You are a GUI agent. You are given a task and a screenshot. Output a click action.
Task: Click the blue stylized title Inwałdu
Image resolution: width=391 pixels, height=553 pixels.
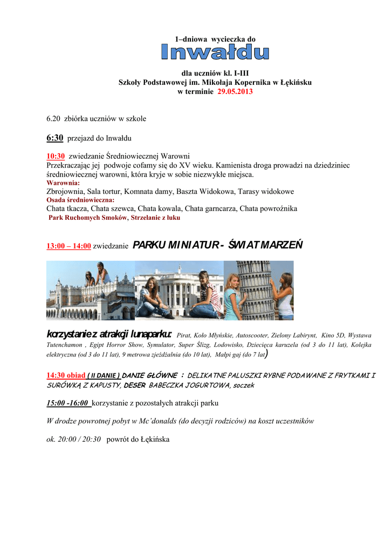(215, 52)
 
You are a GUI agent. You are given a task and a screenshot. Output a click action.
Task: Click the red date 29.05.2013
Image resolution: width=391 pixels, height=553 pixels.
(235, 92)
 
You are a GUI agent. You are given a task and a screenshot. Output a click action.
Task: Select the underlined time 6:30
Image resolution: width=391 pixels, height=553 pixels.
(55, 138)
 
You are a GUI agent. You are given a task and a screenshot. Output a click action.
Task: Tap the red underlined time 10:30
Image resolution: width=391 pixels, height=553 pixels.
(56, 156)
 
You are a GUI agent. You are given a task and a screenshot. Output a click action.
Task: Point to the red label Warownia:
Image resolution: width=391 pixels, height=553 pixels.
(63, 183)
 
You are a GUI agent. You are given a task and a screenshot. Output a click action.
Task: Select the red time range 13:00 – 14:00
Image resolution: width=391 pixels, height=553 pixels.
(68, 246)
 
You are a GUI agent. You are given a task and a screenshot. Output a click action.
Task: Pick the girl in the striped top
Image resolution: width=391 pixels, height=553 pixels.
(207, 294)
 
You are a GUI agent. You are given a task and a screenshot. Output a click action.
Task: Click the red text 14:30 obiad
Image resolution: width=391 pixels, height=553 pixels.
(66, 375)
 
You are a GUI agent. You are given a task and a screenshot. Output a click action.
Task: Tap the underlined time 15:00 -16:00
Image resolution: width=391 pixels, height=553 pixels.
(68, 403)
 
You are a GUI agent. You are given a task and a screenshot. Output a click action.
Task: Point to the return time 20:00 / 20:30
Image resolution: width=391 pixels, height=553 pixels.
(74, 439)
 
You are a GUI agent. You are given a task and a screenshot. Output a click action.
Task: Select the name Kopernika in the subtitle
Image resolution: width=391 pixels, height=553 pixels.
(248, 82)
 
